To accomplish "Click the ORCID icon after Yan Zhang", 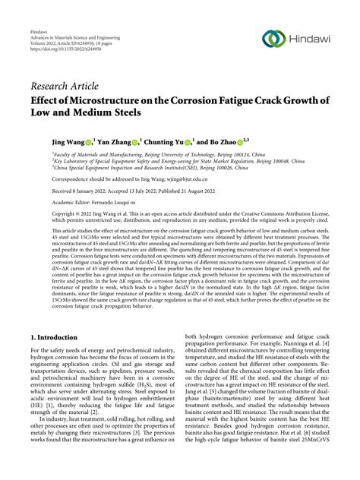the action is coord(136,142).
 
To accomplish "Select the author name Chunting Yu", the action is coord(166,141).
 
